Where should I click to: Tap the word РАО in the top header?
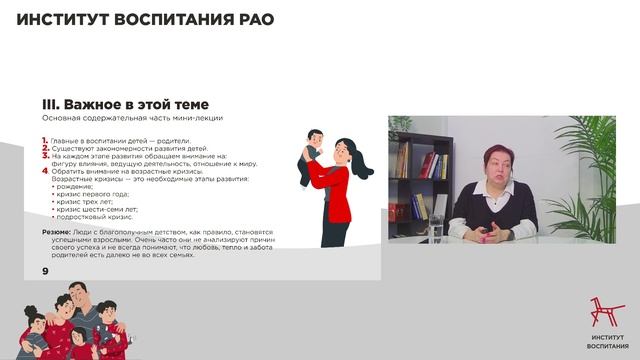251,20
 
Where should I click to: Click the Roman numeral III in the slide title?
52,104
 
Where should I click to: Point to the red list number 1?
44,140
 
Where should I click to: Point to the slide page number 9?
45,272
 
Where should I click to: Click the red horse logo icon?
600,315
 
